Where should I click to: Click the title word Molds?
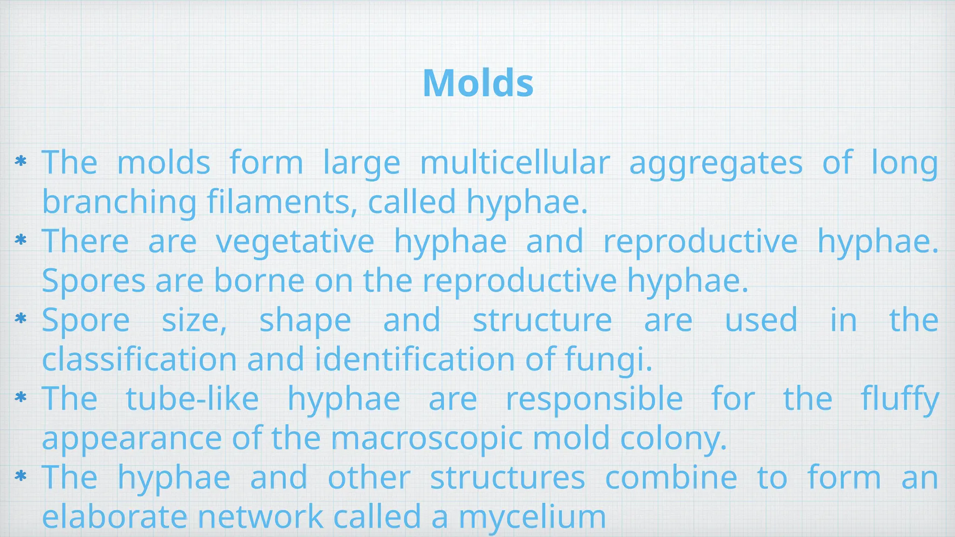click(478, 83)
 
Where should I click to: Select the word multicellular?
click(515, 162)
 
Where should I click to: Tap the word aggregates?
click(716, 163)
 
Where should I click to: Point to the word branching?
click(119, 202)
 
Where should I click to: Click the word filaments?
click(282, 202)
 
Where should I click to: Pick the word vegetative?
click(295, 241)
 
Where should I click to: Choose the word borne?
click(259, 281)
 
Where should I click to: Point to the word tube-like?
click(192, 399)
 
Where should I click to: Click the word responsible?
click(594, 399)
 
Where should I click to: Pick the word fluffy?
click(900, 399)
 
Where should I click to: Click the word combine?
click(671, 478)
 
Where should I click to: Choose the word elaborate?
click(114, 517)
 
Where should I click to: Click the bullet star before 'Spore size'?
click(21, 319)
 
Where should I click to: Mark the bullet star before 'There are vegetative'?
click(21, 240)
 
